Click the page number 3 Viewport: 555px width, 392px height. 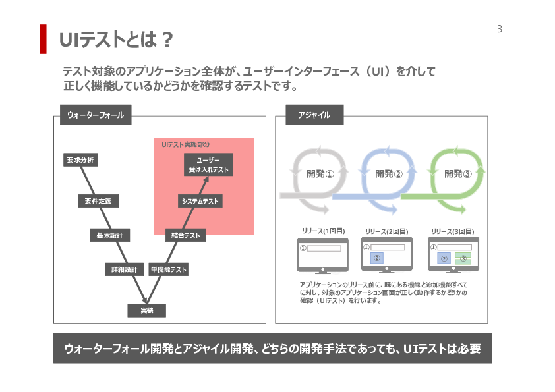pos(500,29)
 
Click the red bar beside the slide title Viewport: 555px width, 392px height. pos(44,39)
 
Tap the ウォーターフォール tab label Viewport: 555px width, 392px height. pos(95,115)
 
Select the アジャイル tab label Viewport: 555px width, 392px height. pos(314,115)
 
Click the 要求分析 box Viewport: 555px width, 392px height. pos(80,160)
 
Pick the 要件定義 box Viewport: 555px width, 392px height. pos(98,201)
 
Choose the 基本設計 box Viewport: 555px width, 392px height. pos(109,235)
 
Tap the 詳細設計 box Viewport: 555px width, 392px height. pos(124,269)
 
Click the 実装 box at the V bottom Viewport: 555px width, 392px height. pos(146,310)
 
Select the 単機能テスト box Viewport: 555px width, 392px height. pos(169,269)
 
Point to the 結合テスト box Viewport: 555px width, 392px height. pos(185,235)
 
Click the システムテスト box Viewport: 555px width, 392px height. pos(200,201)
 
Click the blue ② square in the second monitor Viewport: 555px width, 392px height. pos(376,258)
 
